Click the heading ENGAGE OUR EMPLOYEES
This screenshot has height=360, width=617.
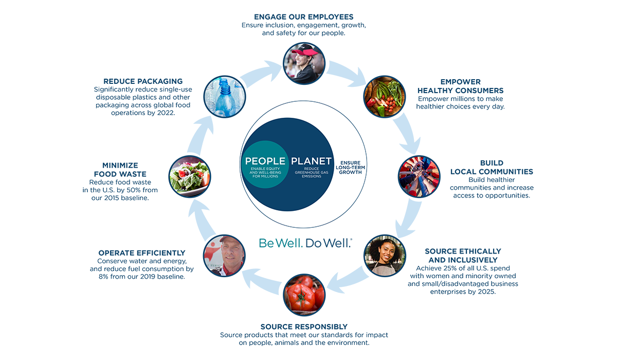[304, 17]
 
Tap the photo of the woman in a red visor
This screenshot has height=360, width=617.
[304, 63]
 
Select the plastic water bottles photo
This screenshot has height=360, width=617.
[225, 97]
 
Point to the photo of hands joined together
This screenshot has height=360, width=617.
[419, 177]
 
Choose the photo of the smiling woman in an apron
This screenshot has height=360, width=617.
[385, 256]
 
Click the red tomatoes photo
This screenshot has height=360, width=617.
[304, 295]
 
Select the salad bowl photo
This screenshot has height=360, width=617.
[189, 177]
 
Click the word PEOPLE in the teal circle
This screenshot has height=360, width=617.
[265, 161]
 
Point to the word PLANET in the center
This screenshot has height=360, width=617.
[311, 161]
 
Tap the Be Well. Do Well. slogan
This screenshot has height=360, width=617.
[305, 243]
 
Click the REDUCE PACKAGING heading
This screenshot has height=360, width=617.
[143, 81]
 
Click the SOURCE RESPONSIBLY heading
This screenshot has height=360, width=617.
[304, 327]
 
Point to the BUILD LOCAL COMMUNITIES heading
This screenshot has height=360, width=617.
[492, 167]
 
